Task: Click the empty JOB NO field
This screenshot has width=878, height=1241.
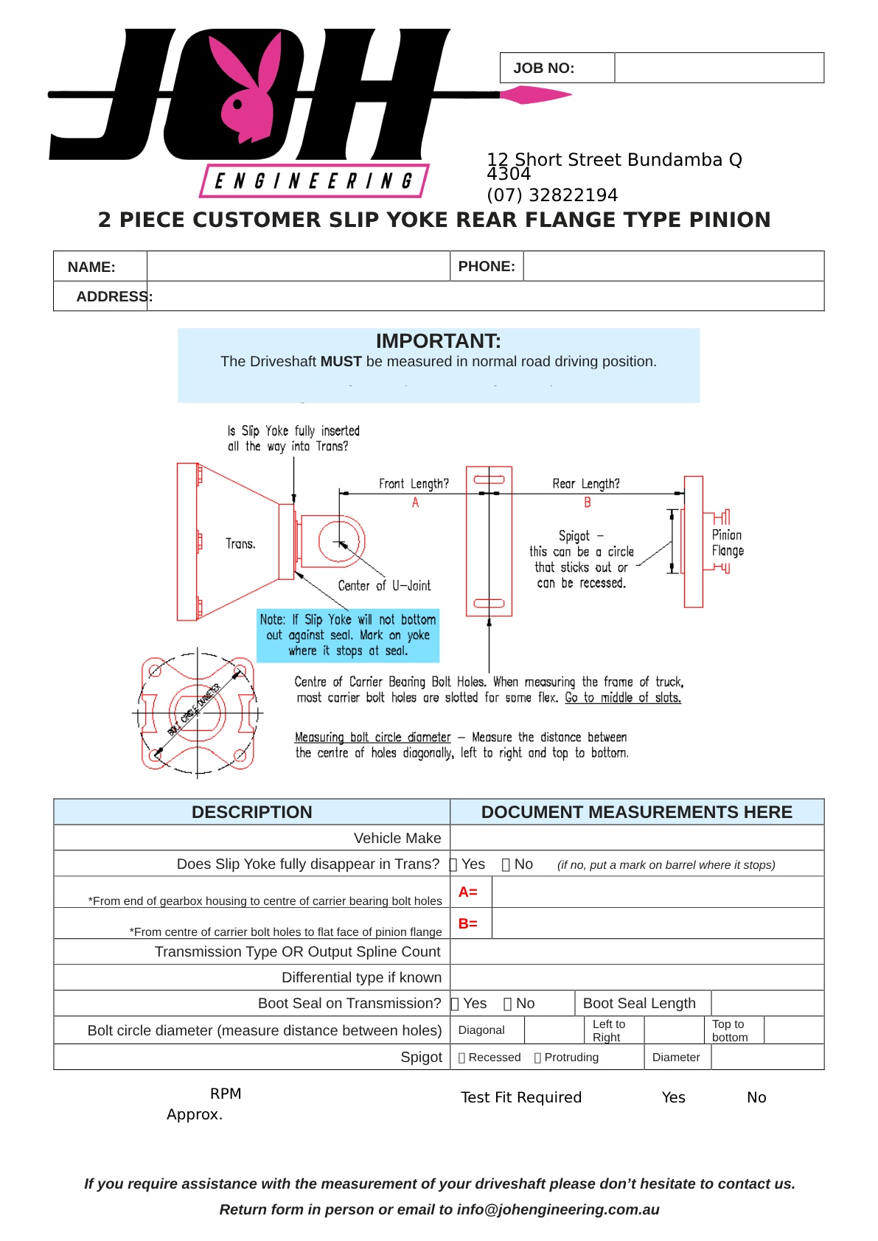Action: tap(719, 68)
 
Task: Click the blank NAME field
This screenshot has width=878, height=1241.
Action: tap(298, 266)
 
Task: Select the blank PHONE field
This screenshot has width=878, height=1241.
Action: tap(673, 266)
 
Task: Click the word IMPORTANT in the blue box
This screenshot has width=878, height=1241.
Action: tap(438, 341)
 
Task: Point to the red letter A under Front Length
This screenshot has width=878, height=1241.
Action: tap(415, 503)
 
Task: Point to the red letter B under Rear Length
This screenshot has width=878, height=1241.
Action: tap(588, 503)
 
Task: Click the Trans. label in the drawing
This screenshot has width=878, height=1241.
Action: tap(240, 544)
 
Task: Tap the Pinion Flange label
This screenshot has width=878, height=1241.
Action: tap(728, 543)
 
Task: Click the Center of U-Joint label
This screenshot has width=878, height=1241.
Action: tap(384, 586)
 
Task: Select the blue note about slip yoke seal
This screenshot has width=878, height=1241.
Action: tap(348, 635)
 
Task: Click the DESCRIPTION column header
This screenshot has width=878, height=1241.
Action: tap(251, 812)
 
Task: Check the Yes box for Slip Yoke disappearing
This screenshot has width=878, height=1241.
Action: tap(454, 864)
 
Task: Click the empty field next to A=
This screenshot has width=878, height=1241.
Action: tap(657, 892)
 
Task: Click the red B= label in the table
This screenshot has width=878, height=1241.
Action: tap(468, 923)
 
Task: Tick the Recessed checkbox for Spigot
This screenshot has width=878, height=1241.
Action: tap(462, 1058)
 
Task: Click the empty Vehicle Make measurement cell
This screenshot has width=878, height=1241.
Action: tap(636, 838)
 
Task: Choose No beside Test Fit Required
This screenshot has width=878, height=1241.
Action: tap(756, 1097)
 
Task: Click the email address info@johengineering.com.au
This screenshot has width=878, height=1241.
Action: tap(558, 1209)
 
